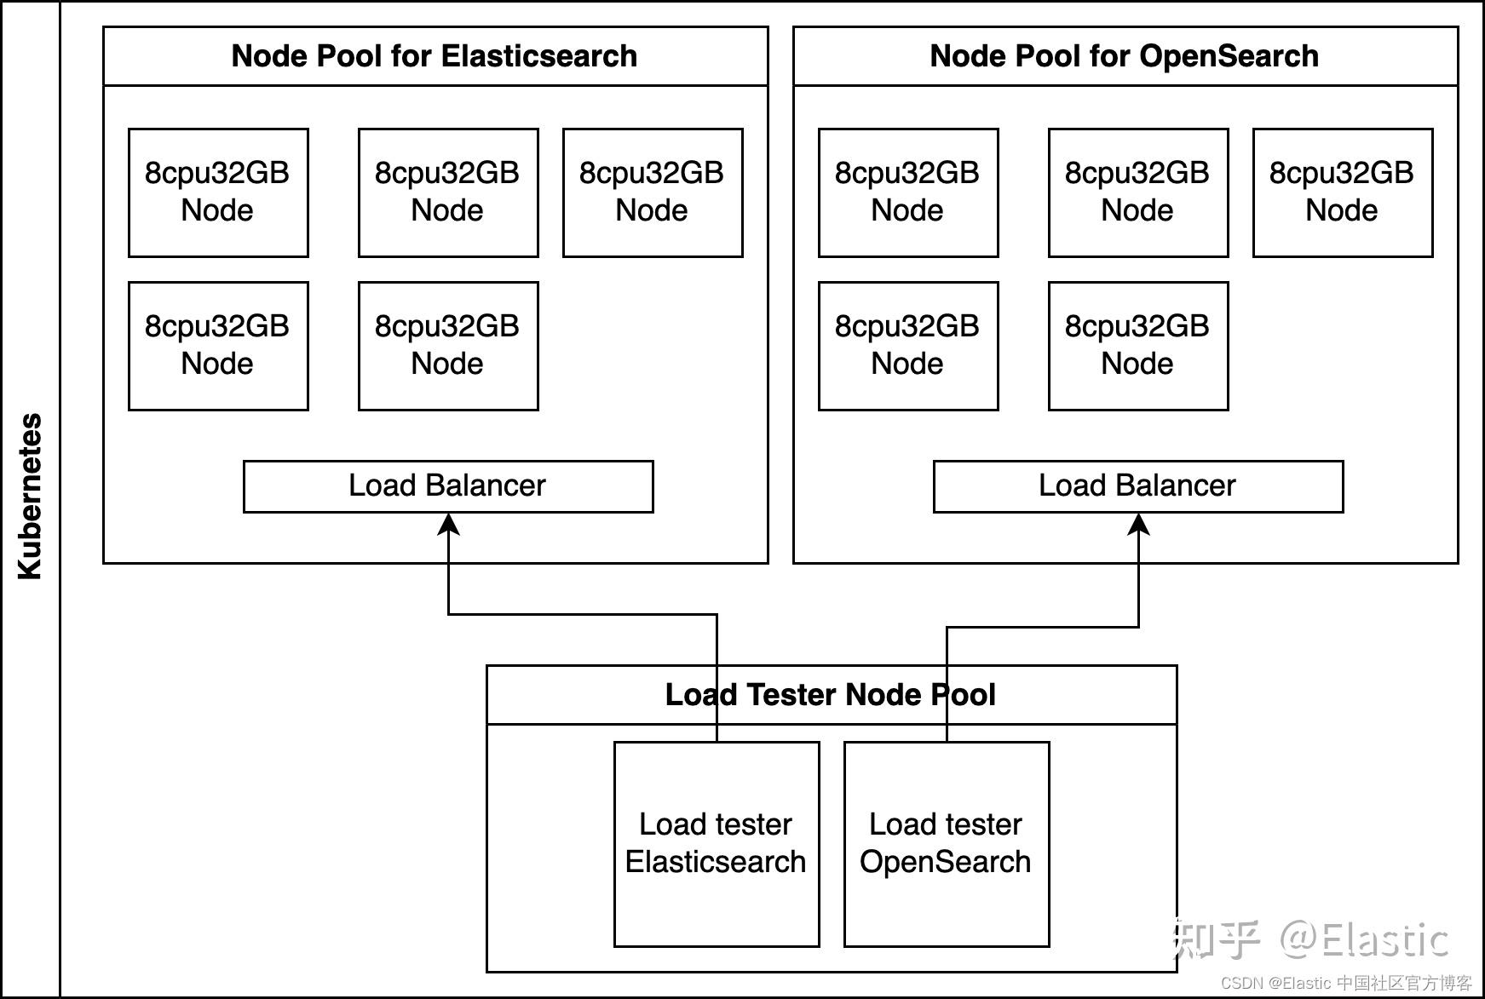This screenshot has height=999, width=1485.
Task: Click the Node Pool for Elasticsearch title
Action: pyautogui.click(x=435, y=56)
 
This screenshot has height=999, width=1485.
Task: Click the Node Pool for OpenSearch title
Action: pyautogui.click(x=1125, y=56)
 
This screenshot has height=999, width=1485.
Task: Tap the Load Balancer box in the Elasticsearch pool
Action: pyautogui.click(x=448, y=486)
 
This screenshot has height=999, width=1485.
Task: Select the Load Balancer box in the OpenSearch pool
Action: pyautogui.click(x=1138, y=486)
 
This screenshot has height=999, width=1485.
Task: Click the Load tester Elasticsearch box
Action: pyautogui.click(x=717, y=844)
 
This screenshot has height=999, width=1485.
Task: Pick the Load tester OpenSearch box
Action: pyautogui.click(x=947, y=844)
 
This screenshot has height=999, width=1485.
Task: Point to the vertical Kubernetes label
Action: pyautogui.click(x=30, y=497)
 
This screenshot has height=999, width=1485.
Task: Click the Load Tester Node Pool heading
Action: pyautogui.click(x=831, y=695)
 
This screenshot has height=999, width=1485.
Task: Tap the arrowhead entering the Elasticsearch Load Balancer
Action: pyautogui.click(x=449, y=524)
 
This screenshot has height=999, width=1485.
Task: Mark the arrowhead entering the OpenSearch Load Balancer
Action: pyautogui.click(x=1139, y=524)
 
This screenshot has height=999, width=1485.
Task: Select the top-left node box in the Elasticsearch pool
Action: pyautogui.click(x=218, y=192)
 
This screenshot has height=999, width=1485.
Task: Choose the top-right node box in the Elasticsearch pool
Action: pyautogui.click(x=653, y=192)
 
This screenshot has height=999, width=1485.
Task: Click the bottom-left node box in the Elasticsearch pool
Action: pyautogui.click(x=218, y=346)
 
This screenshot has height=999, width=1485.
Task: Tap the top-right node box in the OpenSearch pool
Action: pyautogui.click(x=1343, y=192)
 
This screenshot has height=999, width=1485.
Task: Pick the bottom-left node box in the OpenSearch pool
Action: pyautogui.click(x=908, y=346)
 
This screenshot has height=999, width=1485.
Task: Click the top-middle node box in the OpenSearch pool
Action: pyautogui.click(x=1138, y=192)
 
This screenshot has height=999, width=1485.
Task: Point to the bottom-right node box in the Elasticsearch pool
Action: pyautogui.click(x=448, y=346)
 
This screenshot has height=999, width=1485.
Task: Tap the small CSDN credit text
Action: pyautogui.click(x=1346, y=983)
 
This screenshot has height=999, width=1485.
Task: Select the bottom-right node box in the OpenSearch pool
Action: pyautogui.click(x=1138, y=346)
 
